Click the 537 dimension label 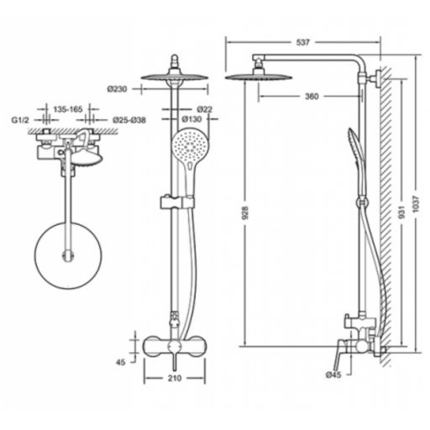coord(303,42)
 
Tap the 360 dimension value coord(312,97)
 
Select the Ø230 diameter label coord(117,89)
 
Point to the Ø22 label coord(204,109)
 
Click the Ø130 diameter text coord(191,119)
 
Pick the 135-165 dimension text coord(68,109)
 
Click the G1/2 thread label coord(20,120)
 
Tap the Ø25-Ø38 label coord(129,120)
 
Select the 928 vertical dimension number coord(245,212)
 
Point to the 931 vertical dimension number coord(401,212)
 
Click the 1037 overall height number coord(417,204)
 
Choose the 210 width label coord(175,378)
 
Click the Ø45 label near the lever coord(333,375)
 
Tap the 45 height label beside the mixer coord(121,362)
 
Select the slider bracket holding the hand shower coord(177,202)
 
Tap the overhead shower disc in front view coord(175,77)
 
